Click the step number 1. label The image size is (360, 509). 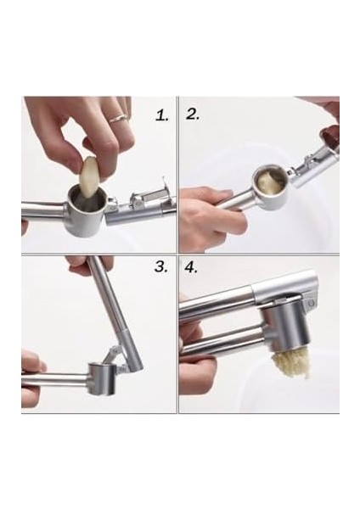point(162,115)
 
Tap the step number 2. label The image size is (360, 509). point(193,114)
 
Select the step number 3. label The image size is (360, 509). point(161,266)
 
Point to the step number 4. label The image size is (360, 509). point(191,267)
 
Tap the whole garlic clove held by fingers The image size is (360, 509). point(88,176)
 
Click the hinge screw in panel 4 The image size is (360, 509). point(312,303)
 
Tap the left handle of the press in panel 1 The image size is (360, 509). point(46,211)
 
